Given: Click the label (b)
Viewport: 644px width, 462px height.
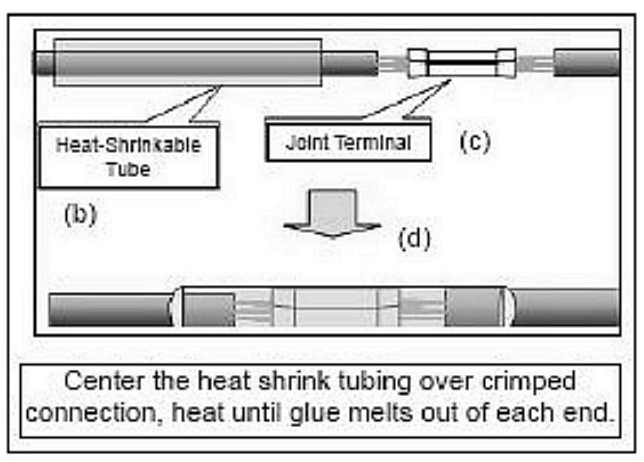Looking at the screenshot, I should point(79,214).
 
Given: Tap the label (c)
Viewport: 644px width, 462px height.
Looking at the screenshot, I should point(474,142).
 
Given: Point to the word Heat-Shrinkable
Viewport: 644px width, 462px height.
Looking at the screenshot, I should point(128,145).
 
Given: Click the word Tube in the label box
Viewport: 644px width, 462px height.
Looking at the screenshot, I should point(128,168).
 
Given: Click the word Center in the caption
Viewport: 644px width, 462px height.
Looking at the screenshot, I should point(105,382).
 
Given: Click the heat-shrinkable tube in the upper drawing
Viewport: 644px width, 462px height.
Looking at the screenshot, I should point(186,62).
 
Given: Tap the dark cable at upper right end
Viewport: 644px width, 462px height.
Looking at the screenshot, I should point(587,63).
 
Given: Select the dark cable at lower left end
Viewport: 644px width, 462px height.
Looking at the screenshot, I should point(109,310).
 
